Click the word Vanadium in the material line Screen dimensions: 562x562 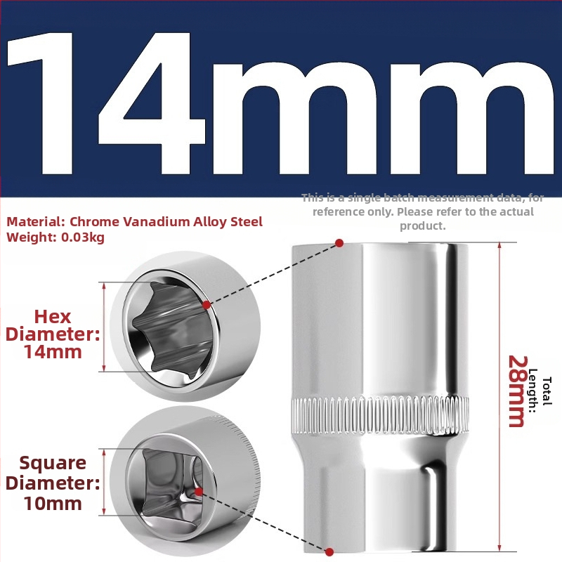(x=156, y=222)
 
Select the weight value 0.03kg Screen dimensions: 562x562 (x=83, y=237)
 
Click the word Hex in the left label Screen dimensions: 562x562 (x=53, y=317)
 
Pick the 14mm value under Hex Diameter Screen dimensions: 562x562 (x=53, y=352)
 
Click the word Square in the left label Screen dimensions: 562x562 (x=53, y=464)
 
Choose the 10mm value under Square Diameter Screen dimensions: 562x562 (x=53, y=503)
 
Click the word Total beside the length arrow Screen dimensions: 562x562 (x=547, y=391)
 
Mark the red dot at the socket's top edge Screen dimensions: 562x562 (x=339, y=243)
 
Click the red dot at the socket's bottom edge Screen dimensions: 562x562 (x=329, y=551)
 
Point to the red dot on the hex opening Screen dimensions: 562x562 (x=207, y=305)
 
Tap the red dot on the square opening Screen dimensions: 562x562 (x=199, y=491)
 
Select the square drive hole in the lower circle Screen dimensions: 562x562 (x=171, y=482)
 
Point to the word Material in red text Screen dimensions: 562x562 (x=34, y=222)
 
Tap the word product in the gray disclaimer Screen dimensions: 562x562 (x=423, y=226)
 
